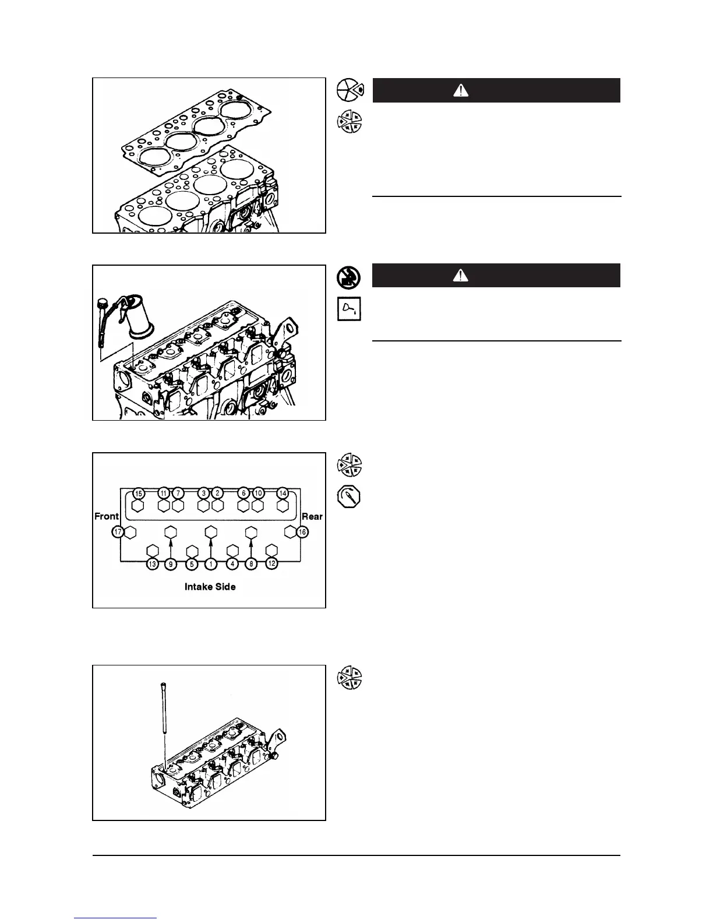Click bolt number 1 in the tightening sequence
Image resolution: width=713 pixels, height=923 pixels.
[x=211, y=564]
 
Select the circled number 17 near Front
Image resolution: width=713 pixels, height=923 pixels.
[x=118, y=531]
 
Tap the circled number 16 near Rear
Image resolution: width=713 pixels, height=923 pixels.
[x=302, y=531]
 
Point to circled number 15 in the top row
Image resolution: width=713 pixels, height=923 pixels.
[x=138, y=493]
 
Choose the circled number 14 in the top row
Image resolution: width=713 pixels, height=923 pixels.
[x=283, y=493]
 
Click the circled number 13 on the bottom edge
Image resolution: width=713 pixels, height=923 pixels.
[x=153, y=564]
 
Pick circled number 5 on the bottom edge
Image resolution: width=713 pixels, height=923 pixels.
[x=191, y=564]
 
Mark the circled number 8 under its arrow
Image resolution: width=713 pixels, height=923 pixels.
[x=251, y=564]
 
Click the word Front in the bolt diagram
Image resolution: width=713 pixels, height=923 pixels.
[x=107, y=516]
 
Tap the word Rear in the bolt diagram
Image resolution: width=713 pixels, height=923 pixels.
[x=312, y=516]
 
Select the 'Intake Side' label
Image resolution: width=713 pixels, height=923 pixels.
[x=210, y=587]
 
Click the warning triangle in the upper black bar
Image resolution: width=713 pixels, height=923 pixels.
[x=461, y=91]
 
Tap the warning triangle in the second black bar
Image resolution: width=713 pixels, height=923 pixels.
[x=461, y=276]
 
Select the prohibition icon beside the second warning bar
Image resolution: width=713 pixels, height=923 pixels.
[x=350, y=277]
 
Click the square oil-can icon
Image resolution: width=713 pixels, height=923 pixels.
[x=350, y=309]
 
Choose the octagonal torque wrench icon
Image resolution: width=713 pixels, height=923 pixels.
[x=350, y=497]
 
